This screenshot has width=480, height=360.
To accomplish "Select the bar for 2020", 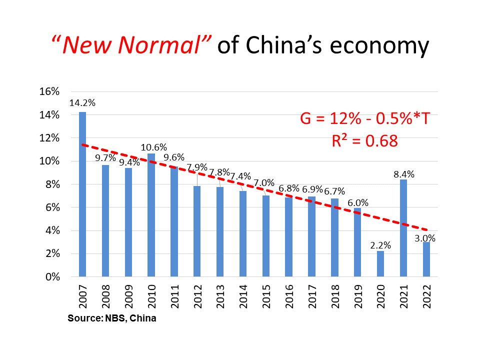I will pyautogui.click(x=380, y=263).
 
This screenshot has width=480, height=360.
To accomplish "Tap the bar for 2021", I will pyautogui.click(x=403, y=228).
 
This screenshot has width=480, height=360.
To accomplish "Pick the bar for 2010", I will pyautogui.click(x=151, y=215).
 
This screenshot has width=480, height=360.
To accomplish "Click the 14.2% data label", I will pyautogui.click(x=82, y=103).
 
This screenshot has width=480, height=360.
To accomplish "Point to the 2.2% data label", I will pyautogui.click(x=380, y=245).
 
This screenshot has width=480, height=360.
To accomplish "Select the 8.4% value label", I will pyautogui.click(x=403, y=174).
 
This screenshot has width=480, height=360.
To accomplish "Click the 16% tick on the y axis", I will pyautogui.click(x=49, y=92).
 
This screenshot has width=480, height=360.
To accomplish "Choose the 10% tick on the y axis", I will pyautogui.click(x=49, y=161).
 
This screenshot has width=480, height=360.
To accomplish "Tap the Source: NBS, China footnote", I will pyautogui.click(x=112, y=318).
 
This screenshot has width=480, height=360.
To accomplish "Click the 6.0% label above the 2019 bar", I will pyautogui.click(x=357, y=202).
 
